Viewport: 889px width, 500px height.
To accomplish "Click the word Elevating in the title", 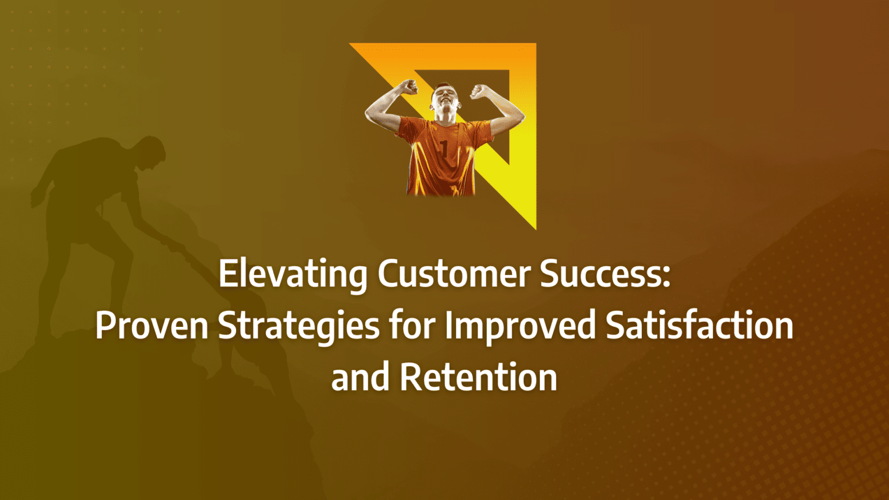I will click(293, 274).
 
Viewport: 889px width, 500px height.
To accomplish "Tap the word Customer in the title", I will click(454, 274).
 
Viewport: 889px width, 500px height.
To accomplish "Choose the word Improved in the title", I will click(520, 325).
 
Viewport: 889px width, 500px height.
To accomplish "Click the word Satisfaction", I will click(699, 325).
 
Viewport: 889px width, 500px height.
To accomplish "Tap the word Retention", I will click(478, 377).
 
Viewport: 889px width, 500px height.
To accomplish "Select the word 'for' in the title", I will click(412, 325).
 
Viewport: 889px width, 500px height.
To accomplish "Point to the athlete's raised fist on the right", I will click(479, 90).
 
